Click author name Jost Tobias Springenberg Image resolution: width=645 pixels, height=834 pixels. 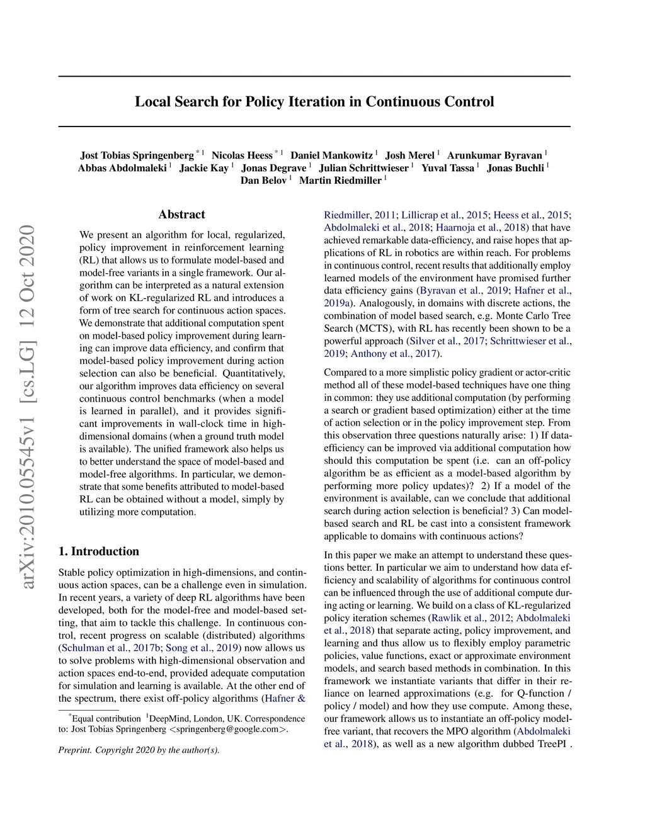(137, 155)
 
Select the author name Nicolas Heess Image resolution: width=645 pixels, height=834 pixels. (242, 155)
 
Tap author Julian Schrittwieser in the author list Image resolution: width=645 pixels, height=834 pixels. (363, 168)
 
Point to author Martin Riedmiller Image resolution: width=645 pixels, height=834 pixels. (340, 181)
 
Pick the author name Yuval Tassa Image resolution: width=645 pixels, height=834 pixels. (448, 168)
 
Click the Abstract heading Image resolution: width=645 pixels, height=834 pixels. (181, 215)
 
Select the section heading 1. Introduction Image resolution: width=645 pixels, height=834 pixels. (99, 551)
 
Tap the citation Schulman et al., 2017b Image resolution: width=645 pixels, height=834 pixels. (111, 648)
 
